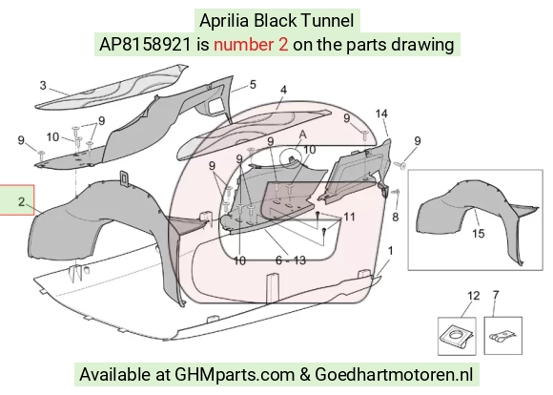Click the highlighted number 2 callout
[x=22, y=202]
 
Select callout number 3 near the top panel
[x=43, y=85]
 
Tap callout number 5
[x=253, y=85]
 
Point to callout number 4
[x=283, y=90]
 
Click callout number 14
[x=381, y=114]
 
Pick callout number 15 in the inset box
[x=479, y=234]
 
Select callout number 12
[x=473, y=296]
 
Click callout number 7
[x=496, y=295]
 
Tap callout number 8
[x=396, y=217]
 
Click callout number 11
[x=349, y=217]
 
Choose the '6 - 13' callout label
[x=291, y=260]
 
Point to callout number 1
[x=390, y=251]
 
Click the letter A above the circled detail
[x=302, y=135]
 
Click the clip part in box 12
[x=457, y=336]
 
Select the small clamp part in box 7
[x=502, y=336]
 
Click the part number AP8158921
[x=145, y=45]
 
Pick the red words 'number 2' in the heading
[x=251, y=45]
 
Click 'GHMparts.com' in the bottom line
[x=235, y=375]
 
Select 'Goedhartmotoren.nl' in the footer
[x=394, y=374]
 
